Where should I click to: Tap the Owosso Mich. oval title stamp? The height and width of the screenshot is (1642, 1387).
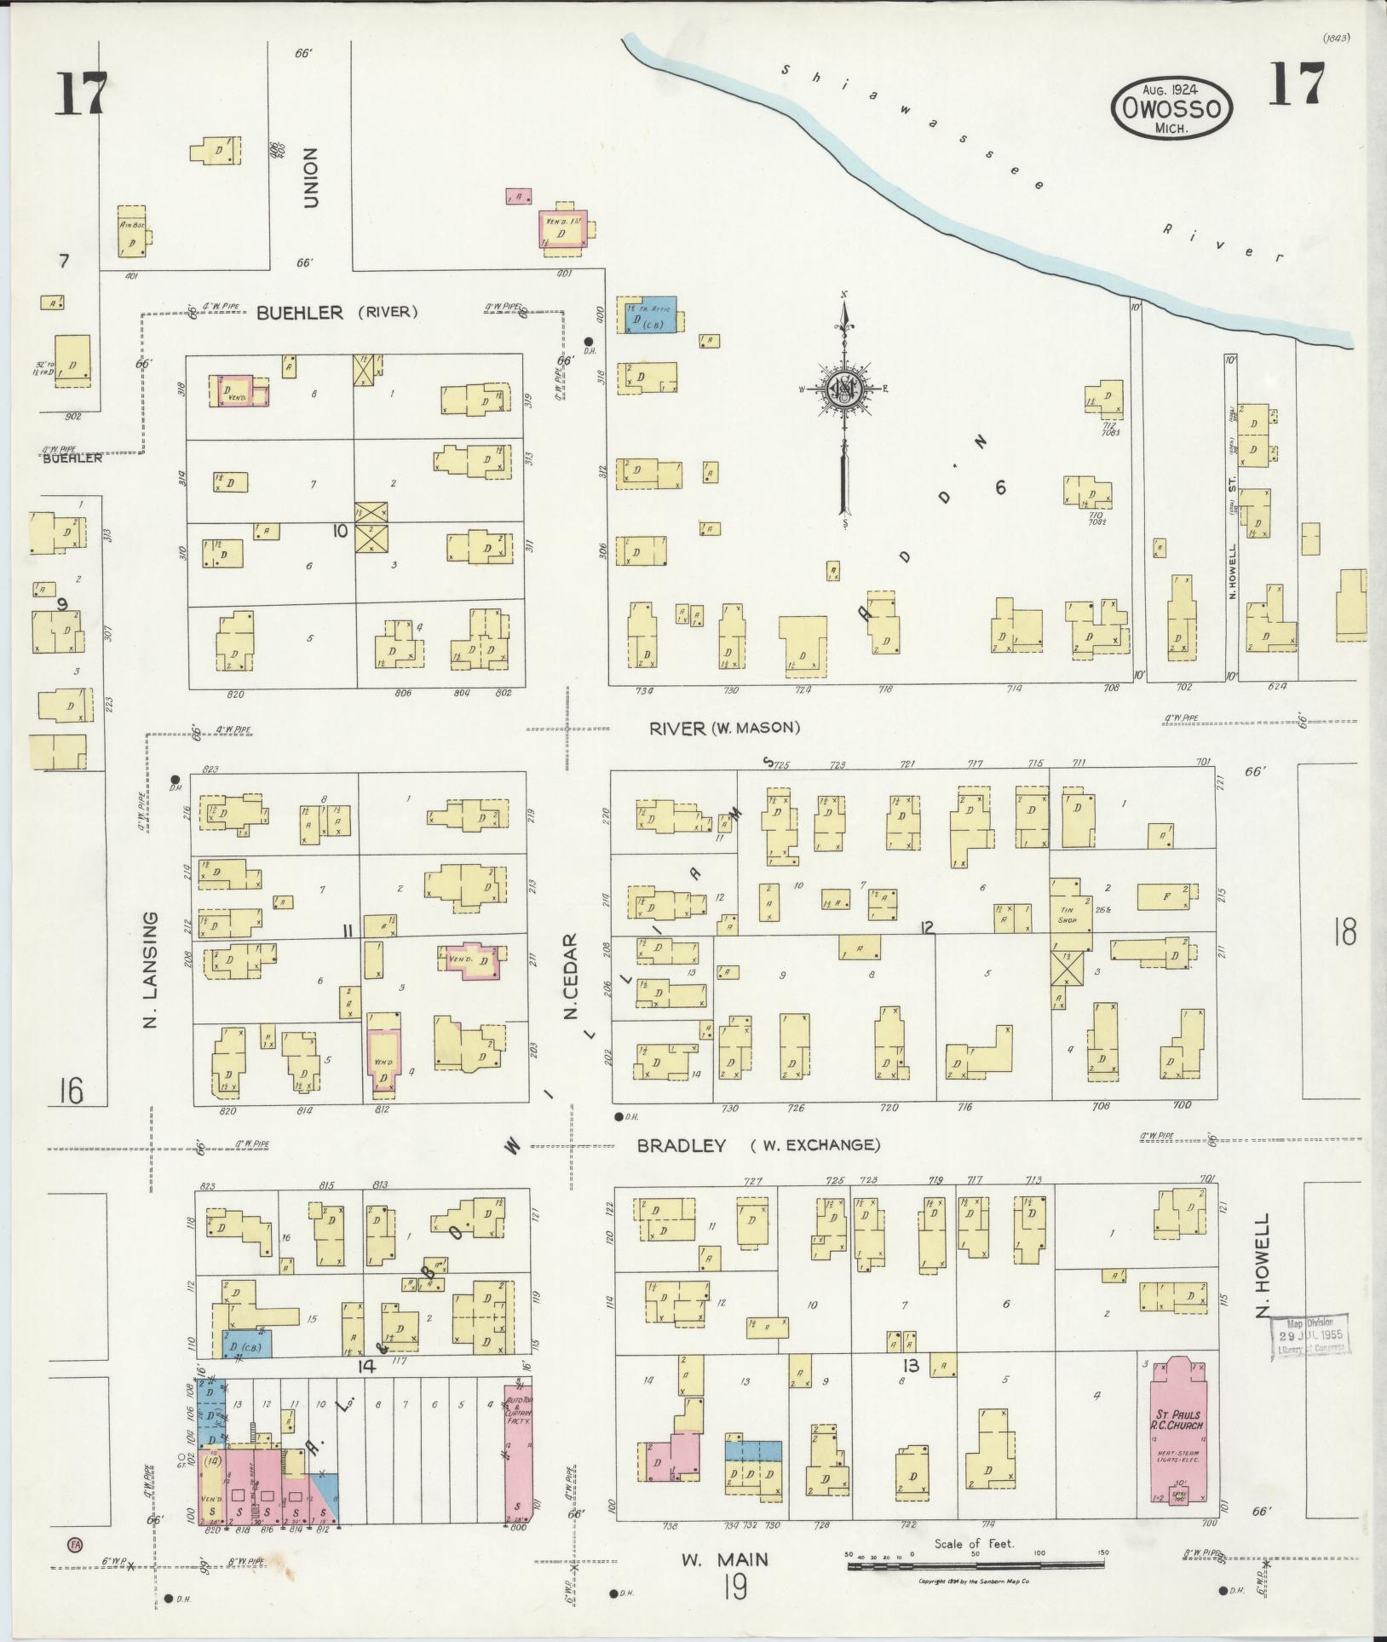1171,109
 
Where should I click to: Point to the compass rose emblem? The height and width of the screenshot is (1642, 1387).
844,390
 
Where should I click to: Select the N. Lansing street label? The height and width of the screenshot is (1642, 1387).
152,970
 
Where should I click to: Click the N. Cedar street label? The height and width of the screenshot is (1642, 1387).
570,976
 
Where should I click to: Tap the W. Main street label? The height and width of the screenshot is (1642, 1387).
724,1559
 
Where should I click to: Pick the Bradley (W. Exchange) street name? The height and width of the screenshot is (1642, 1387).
758,1145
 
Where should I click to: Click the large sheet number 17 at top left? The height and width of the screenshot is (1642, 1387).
83,94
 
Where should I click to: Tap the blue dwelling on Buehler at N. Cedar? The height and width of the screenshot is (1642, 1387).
653,317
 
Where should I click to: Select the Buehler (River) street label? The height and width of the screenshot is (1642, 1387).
337,313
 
